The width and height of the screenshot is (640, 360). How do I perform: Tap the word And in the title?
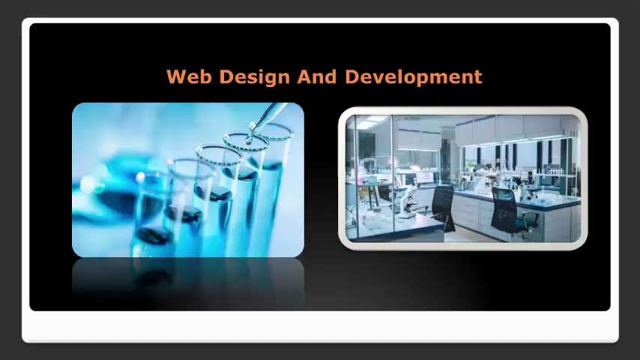[x=318, y=76]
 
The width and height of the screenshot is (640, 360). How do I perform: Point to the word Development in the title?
[x=413, y=76]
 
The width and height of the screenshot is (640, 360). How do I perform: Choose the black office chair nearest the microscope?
[x=442, y=206]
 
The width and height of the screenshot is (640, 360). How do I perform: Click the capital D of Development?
[x=351, y=76]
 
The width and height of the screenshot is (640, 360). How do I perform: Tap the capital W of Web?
[x=175, y=76]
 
